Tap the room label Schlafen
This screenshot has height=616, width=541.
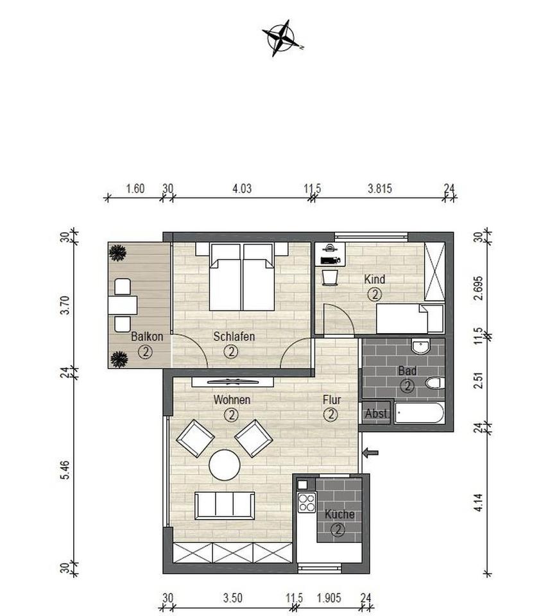[234, 336]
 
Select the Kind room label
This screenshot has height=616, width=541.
[374, 279]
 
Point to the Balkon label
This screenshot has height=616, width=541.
[147, 337]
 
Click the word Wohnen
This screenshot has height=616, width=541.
[232, 400]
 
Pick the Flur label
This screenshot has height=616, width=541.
[332, 400]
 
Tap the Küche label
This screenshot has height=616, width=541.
[339, 514]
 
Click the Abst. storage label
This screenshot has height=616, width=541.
[376, 413]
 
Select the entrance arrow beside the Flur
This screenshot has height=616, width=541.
[370, 452]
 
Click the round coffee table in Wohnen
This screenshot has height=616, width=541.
[225, 465]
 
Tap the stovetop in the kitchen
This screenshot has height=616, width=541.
[307, 502]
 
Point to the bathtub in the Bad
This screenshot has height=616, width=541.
[419, 413]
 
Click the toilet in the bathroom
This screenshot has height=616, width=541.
[435, 382]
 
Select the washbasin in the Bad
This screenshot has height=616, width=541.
[421, 346]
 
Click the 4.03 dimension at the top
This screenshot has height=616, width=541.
[242, 189]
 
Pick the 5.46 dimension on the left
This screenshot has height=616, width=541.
[65, 470]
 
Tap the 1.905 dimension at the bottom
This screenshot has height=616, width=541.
[329, 598]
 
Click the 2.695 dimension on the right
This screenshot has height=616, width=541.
[477, 288]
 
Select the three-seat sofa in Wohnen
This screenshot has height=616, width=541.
[225, 506]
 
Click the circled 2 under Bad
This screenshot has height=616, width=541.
[407, 386]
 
